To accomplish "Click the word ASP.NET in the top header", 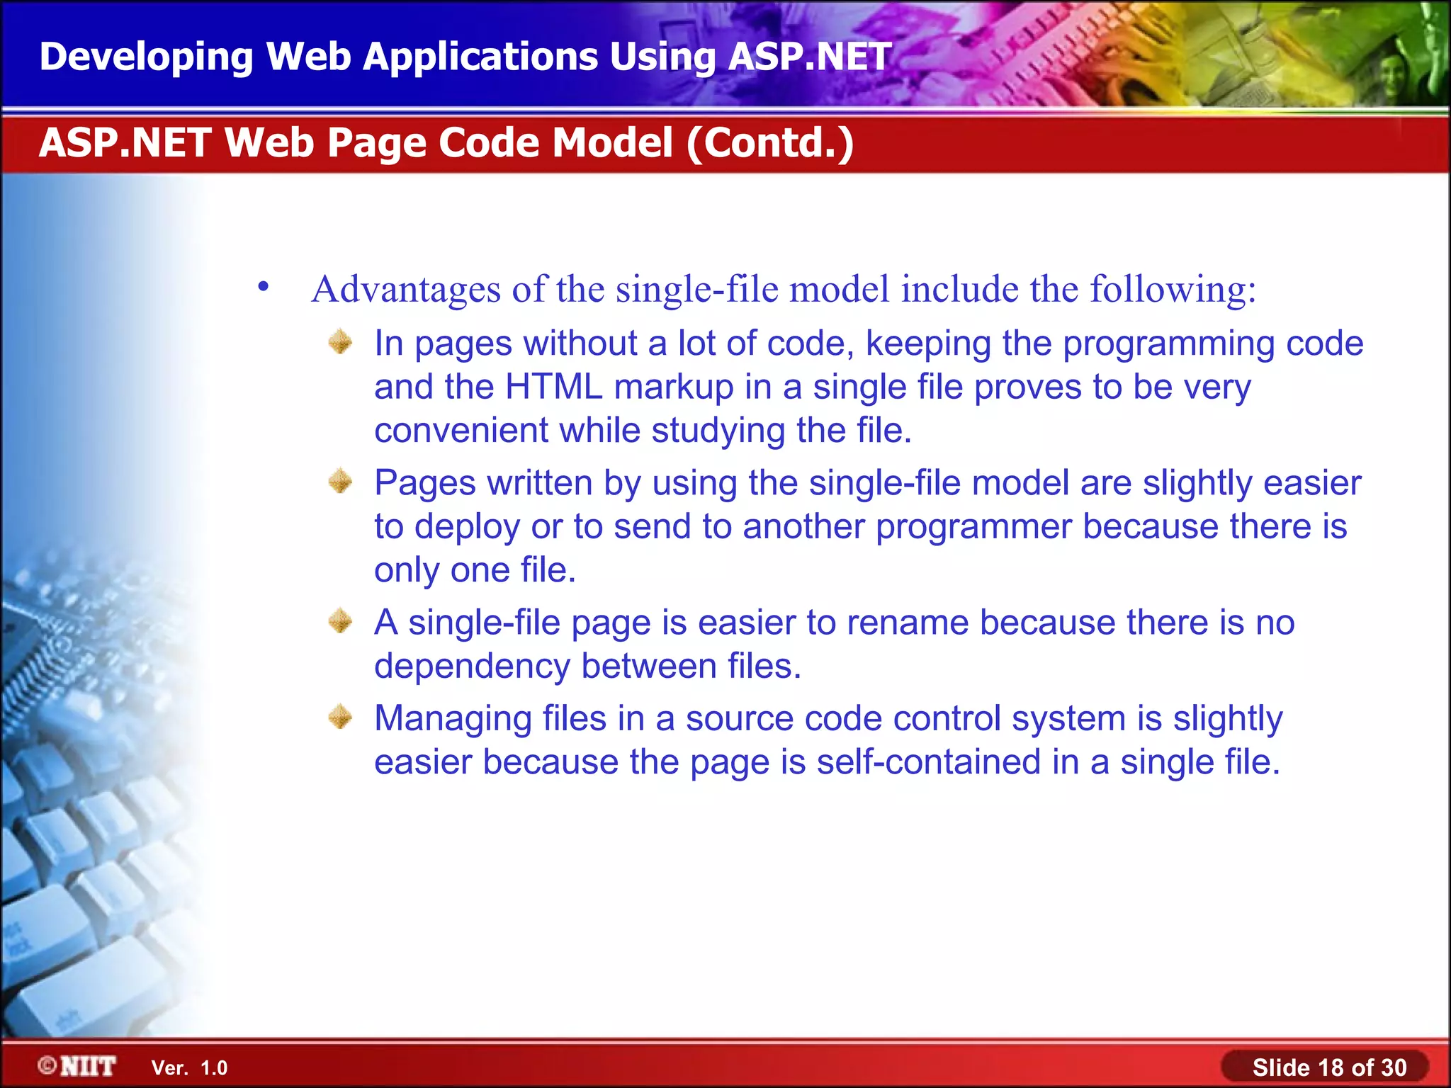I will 809,57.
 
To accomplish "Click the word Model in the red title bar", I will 612,142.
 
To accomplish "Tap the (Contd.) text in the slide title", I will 769,142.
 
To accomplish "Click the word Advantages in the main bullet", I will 406,290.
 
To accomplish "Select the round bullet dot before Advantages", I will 264,287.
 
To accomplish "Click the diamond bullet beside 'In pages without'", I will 341,342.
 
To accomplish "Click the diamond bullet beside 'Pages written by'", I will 341,482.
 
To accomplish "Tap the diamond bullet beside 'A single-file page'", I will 341,621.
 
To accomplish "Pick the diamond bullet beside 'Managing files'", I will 341,718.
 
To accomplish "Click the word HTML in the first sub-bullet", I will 554,387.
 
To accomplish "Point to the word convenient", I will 461,431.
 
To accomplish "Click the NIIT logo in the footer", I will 78,1066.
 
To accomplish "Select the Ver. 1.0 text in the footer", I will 189,1067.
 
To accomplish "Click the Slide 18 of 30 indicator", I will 1328,1067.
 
